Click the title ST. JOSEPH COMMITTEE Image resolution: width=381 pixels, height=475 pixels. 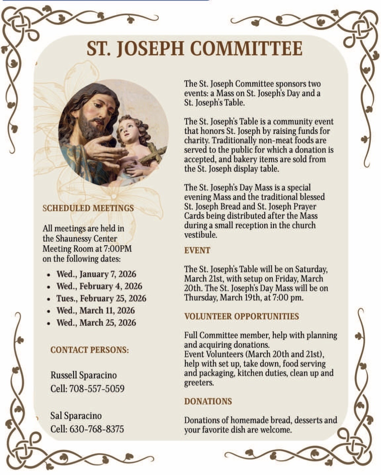(x=194, y=49)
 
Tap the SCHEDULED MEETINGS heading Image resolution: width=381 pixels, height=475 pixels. (x=88, y=208)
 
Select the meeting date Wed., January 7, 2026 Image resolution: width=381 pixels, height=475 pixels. (x=96, y=274)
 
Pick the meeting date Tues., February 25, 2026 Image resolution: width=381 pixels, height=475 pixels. (x=101, y=298)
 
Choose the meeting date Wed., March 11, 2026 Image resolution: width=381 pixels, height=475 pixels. (x=95, y=311)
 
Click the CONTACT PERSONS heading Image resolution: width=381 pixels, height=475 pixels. (x=89, y=350)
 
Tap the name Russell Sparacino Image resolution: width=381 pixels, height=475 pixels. (x=84, y=375)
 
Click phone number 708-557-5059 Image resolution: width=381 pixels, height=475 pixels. (x=96, y=389)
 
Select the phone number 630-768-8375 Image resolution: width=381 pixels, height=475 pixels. (x=96, y=429)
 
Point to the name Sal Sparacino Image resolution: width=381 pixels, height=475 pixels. (x=76, y=416)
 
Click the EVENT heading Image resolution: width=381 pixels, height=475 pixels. (x=197, y=250)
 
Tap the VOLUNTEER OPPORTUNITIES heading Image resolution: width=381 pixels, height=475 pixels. (x=241, y=316)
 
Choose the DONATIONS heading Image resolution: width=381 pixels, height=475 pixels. (x=208, y=401)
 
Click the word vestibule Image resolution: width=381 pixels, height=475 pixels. (x=200, y=235)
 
